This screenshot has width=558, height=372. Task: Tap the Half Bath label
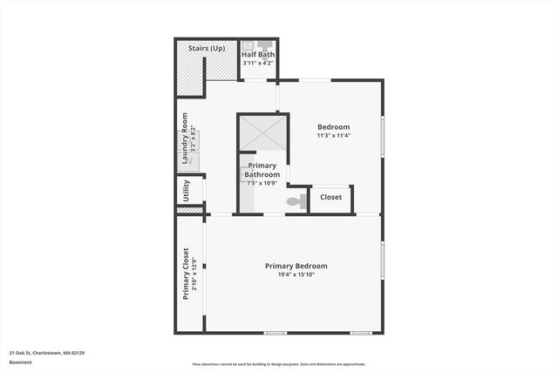click(258, 55)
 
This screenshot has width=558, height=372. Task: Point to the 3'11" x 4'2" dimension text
click(258, 64)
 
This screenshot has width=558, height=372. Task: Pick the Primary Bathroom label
click(262, 170)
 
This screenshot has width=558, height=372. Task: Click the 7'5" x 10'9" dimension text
click(262, 183)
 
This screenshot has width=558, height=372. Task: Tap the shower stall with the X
click(262, 132)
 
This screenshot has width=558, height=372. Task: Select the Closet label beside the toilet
click(331, 198)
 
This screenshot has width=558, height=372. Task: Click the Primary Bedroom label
click(296, 266)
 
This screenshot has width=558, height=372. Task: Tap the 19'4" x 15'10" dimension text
click(296, 275)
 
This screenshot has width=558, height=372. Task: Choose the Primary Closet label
click(186, 274)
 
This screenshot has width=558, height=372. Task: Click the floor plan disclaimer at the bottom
click(279, 364)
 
